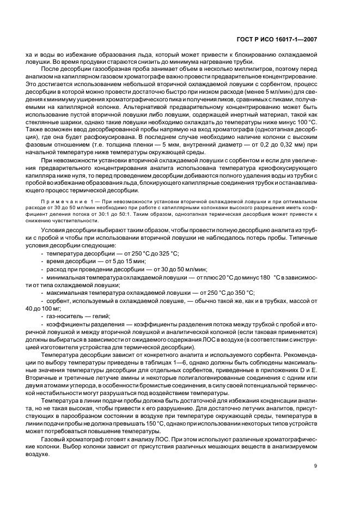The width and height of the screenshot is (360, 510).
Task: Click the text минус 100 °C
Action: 297,124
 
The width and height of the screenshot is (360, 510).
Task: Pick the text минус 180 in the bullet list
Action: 255,277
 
